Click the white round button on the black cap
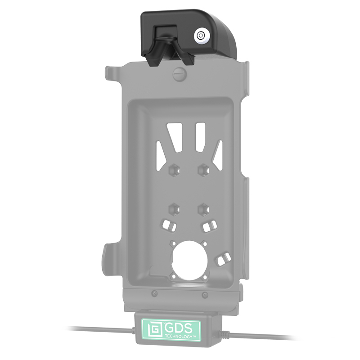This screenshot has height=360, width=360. (x=201, y=36)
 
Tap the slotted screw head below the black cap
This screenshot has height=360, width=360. (x=180, y=74)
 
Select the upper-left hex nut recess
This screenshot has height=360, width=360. (x=174, y=171)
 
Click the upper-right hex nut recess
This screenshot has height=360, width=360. (x=203, y=171)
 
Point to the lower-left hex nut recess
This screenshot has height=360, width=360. (x=174, y=209)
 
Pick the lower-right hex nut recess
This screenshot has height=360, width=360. (x=203, y=209)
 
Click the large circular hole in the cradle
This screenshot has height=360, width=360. (x=189, y=260)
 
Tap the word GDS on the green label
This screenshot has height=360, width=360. (x=178, y=328)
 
